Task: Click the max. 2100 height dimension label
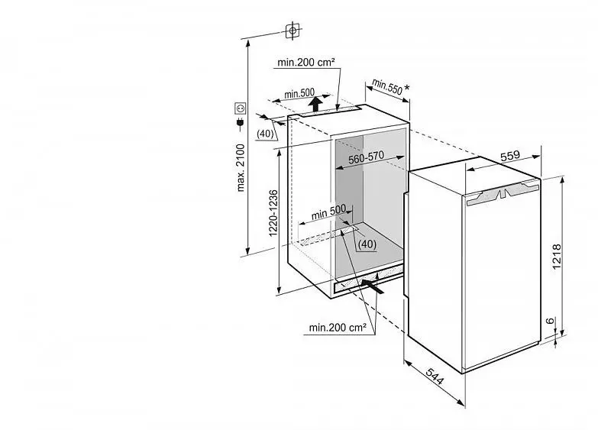(241, 167)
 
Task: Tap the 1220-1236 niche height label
(273, 213)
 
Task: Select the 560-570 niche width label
(366, 157)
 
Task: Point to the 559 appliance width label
(510, 156)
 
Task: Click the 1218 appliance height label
(557, 257)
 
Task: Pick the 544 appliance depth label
(435, 377)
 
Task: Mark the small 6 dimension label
(550, 321)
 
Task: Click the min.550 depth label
(387, 86)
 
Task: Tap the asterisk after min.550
(407, 88)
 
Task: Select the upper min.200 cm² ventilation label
(306, 62)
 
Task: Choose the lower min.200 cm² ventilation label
(338, 328)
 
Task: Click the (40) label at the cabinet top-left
(265, 133)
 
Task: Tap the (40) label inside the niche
(367, 244)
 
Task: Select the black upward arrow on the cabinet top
(315, 104)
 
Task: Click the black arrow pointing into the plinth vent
(372, 286)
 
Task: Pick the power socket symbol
(241, 108)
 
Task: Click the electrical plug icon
(241, 123)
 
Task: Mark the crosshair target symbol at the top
(293, 30)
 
